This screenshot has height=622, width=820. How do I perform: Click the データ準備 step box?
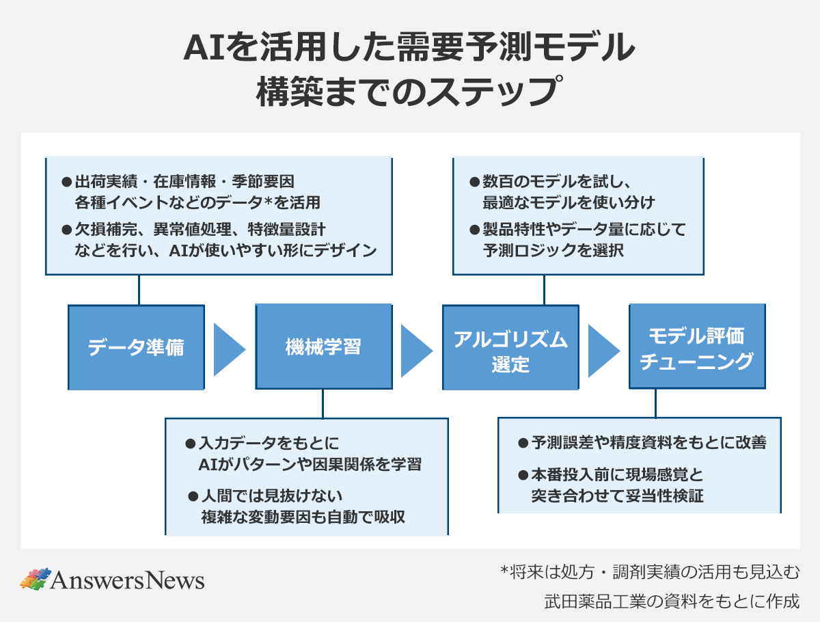pyautogui.click(x=136, y=347)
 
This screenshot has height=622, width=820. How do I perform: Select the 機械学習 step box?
pyautogui.click(x=323, y=347)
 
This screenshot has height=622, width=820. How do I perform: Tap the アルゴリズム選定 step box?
pyautogui.click(x=510, y=347)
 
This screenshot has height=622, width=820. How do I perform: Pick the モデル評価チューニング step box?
pyautogui.click(x=697, y=347)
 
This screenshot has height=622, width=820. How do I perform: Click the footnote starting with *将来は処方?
pyautogui.click(x=650, y=571)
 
